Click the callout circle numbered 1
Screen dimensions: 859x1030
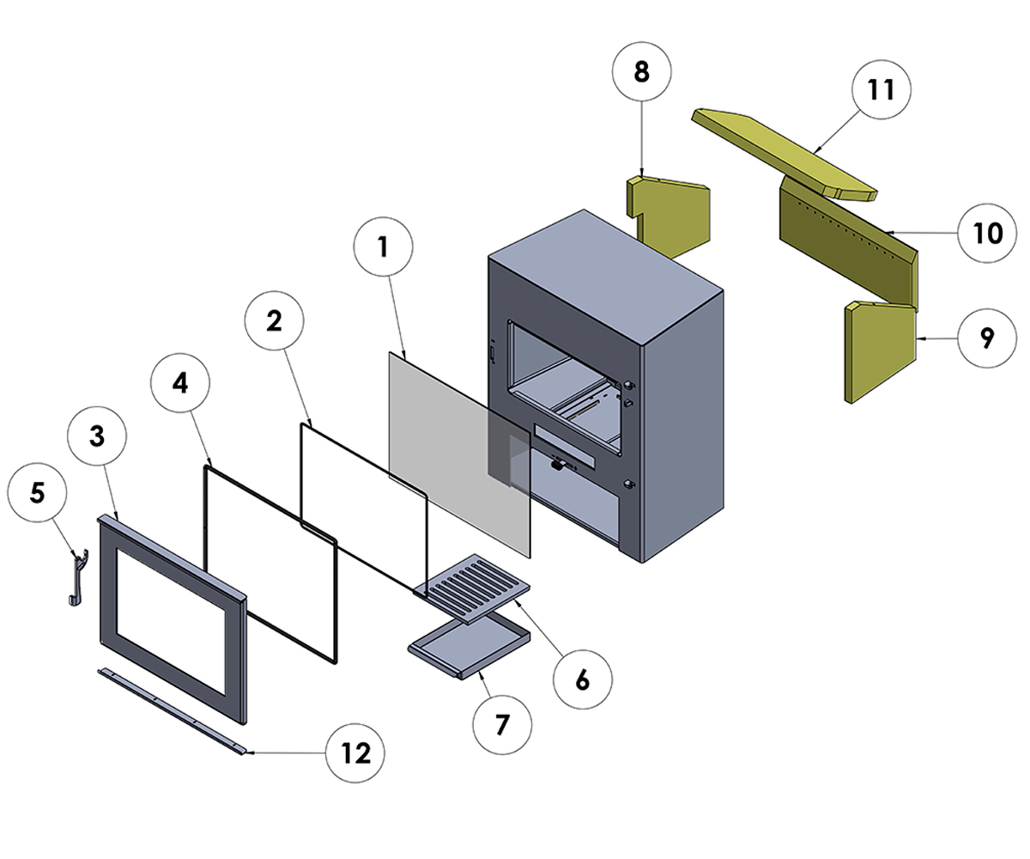tap(383, 249)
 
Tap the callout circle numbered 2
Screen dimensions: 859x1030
tap(273, 320)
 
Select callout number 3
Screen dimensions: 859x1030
tap(96, 437)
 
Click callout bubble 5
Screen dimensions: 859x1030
tap(36, 492)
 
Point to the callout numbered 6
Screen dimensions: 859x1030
tap(582, 679)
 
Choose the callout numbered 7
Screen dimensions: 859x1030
tap(502, 724)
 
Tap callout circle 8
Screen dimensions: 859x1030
tap(641, 72)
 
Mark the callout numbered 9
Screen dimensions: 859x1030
tap(986, 338)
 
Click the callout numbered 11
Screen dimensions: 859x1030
tap(881, 90)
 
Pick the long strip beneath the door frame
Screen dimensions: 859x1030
tap(172, 710)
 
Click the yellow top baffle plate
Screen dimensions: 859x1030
tap(785, 149)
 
